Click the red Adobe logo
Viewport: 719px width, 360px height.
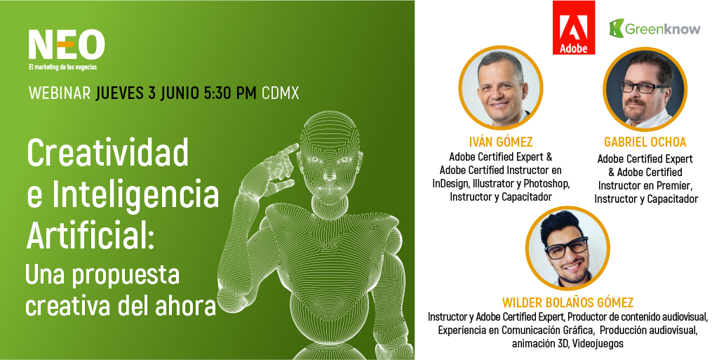click(x=574, y=27)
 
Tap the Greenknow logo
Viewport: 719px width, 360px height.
click(x=654, y=29)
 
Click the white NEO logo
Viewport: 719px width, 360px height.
click(x=67, y=45)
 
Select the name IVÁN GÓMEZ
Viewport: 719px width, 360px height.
click(x=501, y=142)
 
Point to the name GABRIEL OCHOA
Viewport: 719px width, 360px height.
click(x=645, y=142)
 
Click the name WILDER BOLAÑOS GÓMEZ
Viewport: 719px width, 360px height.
click(x=567, y=302)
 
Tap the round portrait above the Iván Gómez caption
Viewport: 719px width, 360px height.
click(x=501, y=88)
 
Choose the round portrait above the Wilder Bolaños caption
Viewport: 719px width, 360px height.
click(x=567, y=248)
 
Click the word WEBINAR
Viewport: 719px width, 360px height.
click(x=60, y=93)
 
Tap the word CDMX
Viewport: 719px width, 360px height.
click(x=280, y=93)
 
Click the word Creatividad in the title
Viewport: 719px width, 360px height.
click(x=108, y=153)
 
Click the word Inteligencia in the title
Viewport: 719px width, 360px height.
click(x=135, y=195)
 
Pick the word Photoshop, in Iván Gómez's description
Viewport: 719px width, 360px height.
click(x=546, y=184)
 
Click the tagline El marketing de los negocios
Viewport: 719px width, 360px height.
click(x=63, y=67)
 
